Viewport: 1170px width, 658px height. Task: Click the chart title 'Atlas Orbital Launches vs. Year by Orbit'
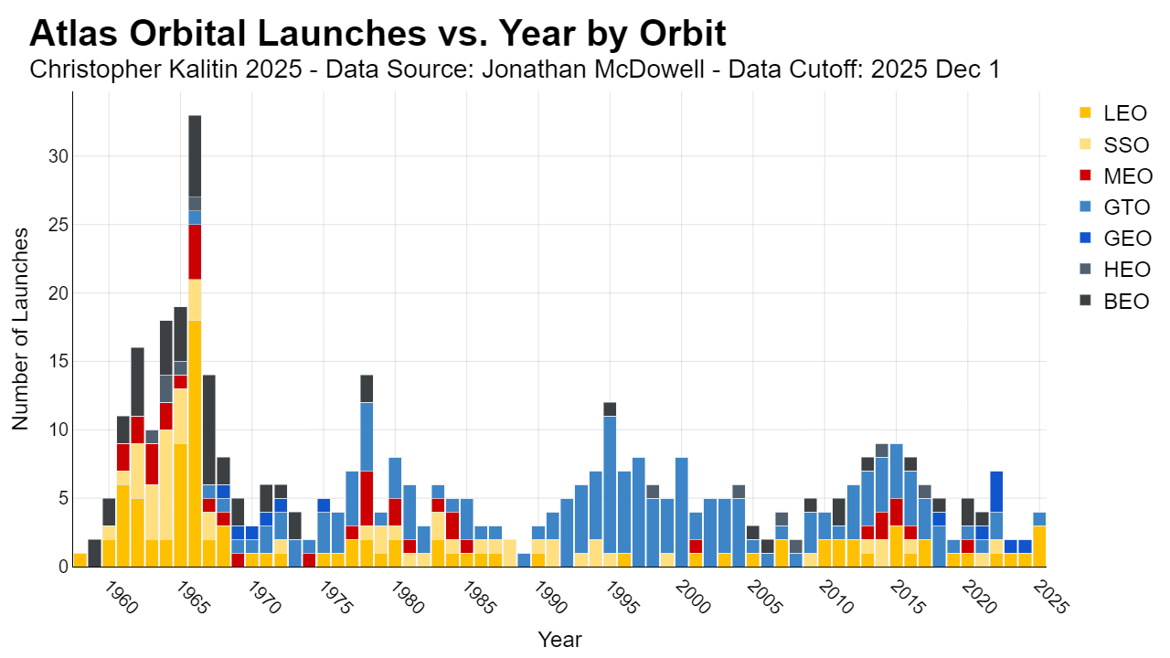pyautogui.click(x=378, y=34)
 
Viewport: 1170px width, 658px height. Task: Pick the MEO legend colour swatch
pyautogui.click(x=1085, y=175)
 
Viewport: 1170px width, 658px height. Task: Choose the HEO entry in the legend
pyautogui.click(x=1114, y=270)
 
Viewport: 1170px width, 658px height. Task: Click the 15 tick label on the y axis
pyautogui.click(x=58, y=361)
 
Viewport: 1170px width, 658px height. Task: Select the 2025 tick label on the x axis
pyautogui.click(x=1051, y=599)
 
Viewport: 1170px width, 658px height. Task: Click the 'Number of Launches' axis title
pyautogui.click(x=20, y=329)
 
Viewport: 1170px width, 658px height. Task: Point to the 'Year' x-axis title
pyautogui.click(x=559, y=639)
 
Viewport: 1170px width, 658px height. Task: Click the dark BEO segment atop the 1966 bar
pyautogui.click(x=195, y=156)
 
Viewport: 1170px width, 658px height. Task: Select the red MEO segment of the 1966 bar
pyautogui.click(x=195, y=251)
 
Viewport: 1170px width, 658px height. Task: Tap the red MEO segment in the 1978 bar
pyautogui.click(x=367, y=498)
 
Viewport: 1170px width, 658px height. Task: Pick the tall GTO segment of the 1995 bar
pyautogui.click(x=610, y=484)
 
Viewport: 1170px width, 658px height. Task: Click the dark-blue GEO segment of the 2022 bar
pyautogui.click(x=996, y=492)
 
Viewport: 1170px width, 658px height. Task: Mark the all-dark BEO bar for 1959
pyautogui.click(x=94, y=553)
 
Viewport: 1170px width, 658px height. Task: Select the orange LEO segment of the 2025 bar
pyautogui.click(x=1039, y=547)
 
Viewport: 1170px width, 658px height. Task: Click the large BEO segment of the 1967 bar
pyautogui.click(x=209, y=430)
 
